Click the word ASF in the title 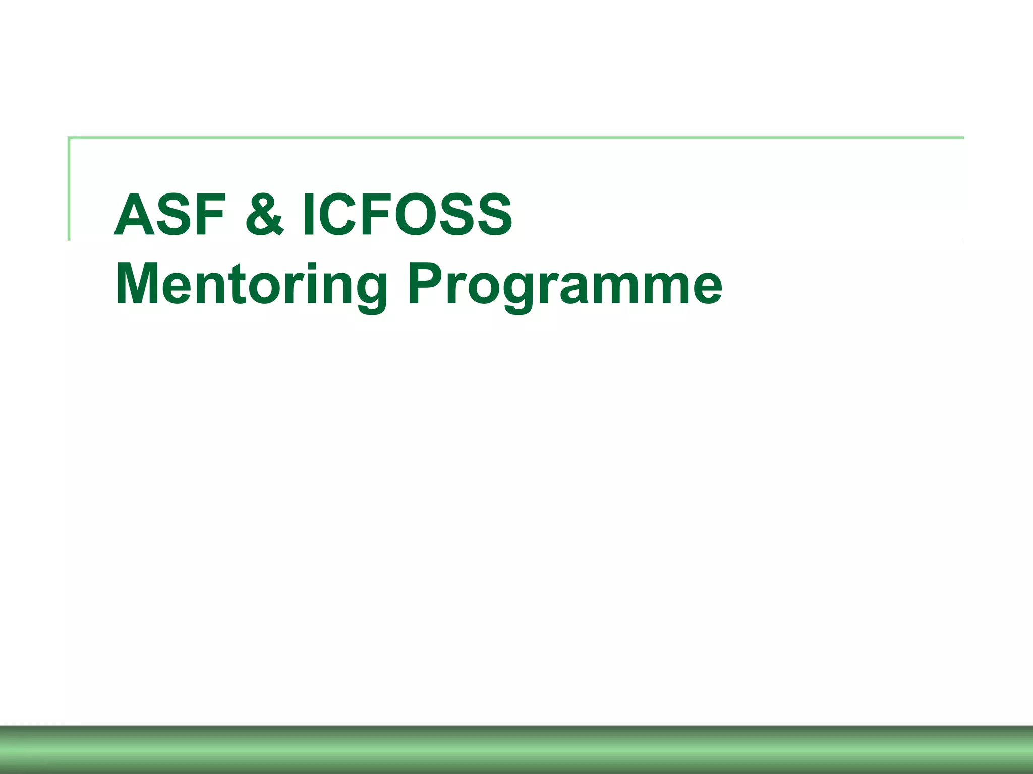pyautogui.click(x=169, y=215)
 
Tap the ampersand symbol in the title pyautogui.click(x=265, y=215)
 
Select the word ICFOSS pyautogui.click(x=407, y=215)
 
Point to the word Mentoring pyautogui.click(x=251, y=285)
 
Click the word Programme pyautogui.click(x=565, y=285)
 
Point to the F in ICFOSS pyautogui.click(x=377, y=215)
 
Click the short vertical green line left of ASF pyautogui.click(x=69, y=189)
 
